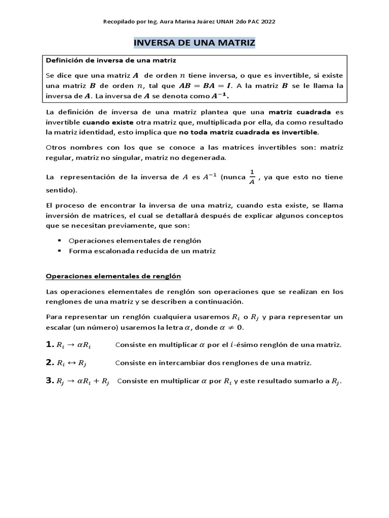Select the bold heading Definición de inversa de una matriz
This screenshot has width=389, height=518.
click(111, 61)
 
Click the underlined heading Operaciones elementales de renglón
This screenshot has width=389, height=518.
click(113, 276)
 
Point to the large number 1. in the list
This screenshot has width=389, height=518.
click(50, 344)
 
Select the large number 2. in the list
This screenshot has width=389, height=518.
click(50, 363)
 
